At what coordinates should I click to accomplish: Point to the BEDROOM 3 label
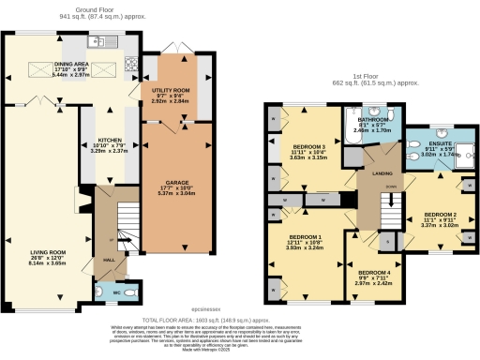308,147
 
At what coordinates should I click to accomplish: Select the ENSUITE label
440,144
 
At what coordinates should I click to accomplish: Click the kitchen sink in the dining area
98,42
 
